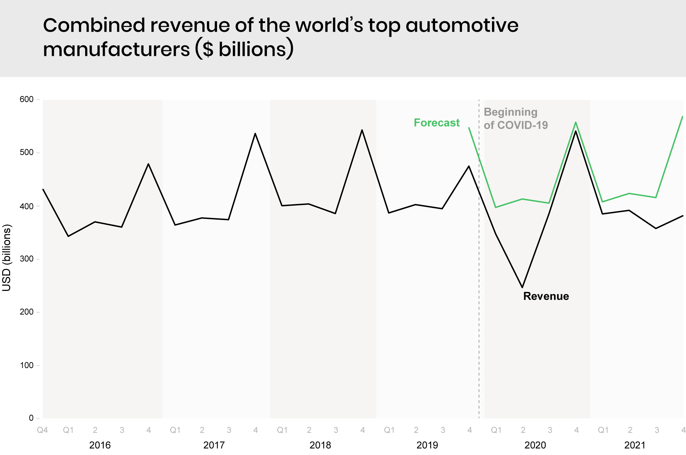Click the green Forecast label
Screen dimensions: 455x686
click(437, 123)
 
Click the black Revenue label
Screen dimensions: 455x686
click(546, 296)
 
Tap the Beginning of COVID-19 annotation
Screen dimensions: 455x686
click(515, 118)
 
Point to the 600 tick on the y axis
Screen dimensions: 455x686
click(27, 100)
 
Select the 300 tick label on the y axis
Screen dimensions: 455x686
click(27, 259)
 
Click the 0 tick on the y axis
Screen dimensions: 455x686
click(31, 418)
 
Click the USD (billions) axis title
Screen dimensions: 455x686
click(7, 258)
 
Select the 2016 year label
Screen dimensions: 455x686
click(100, 445)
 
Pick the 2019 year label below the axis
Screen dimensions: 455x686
click(427, 445)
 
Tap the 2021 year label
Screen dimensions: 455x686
click(635, 445)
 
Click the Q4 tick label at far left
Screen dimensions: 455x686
click(42, 430)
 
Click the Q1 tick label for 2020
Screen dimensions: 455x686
click(496, 430)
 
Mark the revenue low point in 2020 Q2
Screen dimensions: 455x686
click(522, 287)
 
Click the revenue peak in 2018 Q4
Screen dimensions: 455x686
click(362, 130)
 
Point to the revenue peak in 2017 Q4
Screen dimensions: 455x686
click(255, 133)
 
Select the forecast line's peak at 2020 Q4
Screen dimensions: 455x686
click(576, 122)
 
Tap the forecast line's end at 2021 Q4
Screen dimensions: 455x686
click(682, 117)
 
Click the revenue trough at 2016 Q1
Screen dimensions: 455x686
click(68, 236)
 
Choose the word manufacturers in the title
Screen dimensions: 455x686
click(116, 49)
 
